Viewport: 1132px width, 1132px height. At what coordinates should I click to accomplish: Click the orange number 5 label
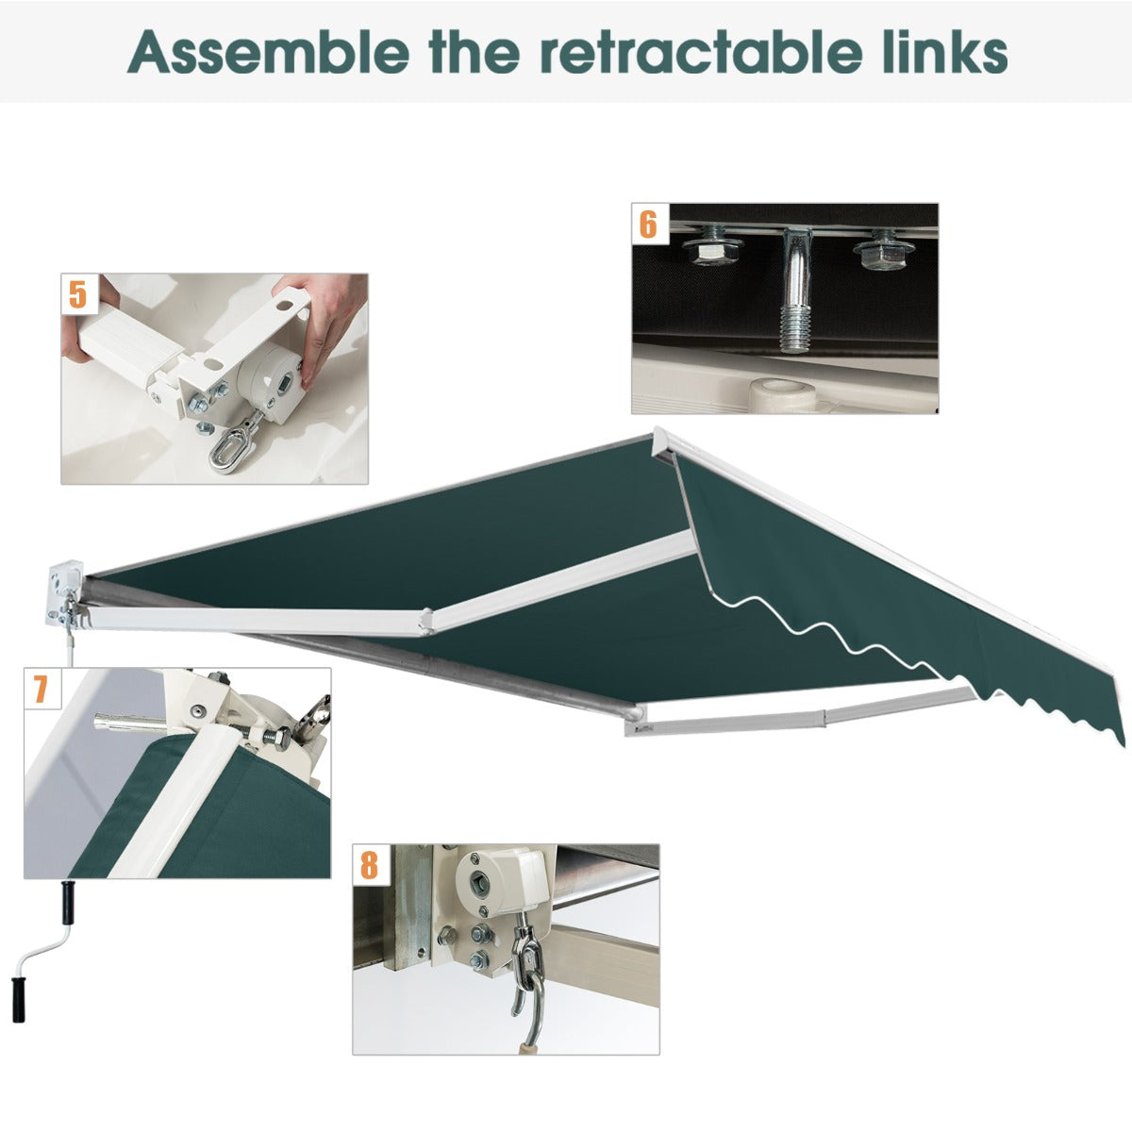(78, 294)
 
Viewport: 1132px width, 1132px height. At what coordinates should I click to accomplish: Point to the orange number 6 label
(648, 224)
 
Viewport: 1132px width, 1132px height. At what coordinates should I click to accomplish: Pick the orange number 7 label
(41, 689)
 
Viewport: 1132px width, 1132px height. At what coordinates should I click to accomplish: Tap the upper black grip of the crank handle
(69, 903)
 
